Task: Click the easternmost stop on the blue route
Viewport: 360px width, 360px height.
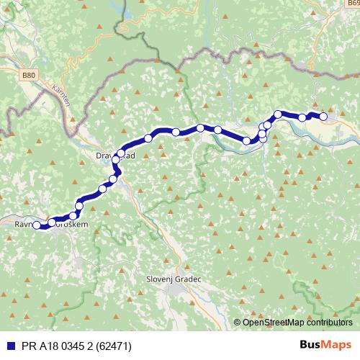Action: [323, 116]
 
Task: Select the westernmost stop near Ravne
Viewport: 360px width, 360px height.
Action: [37, 225]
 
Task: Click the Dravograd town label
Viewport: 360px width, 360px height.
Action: [115, 154]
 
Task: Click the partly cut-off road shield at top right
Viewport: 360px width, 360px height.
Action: [354, 63]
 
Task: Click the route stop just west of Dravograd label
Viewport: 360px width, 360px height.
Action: [120, 153]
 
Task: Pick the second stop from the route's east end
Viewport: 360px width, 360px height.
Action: [302, 117]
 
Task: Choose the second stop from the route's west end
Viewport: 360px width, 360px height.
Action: [52, 222]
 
